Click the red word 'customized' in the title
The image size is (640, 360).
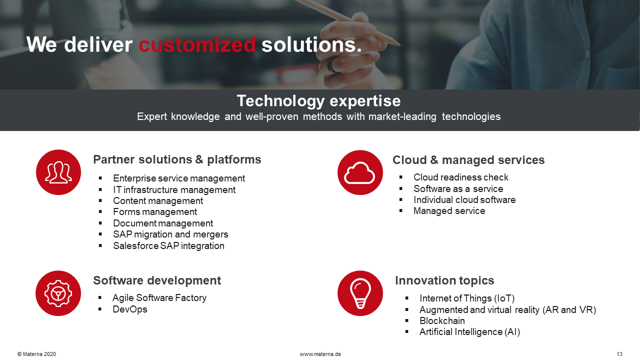pos(197,45)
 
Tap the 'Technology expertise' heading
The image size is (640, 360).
pos(318,101)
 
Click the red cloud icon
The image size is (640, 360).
pos(360,172)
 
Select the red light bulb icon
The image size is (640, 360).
pos(360,293)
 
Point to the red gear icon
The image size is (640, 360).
pos(58,293)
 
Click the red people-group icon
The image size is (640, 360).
pos(58,172)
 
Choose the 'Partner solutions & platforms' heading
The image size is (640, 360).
pos(177,159)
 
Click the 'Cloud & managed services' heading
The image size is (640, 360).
pos(468,160)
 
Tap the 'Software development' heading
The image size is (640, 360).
pos(157,280)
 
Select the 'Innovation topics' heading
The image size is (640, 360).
pos(444,280)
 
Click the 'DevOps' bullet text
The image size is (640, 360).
pos(130,309)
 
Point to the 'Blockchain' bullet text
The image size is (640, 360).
pos(442,321)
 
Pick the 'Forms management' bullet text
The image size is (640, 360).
pos(155,212)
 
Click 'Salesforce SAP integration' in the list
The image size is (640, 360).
pos(168,245)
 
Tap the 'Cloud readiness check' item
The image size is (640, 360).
pos(461,177)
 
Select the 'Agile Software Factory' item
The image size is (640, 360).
pos(159,298)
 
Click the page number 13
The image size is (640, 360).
pos(619,354)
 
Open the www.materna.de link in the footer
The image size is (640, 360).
pos(320,354)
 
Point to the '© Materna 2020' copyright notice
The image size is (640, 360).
pos(36,354)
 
